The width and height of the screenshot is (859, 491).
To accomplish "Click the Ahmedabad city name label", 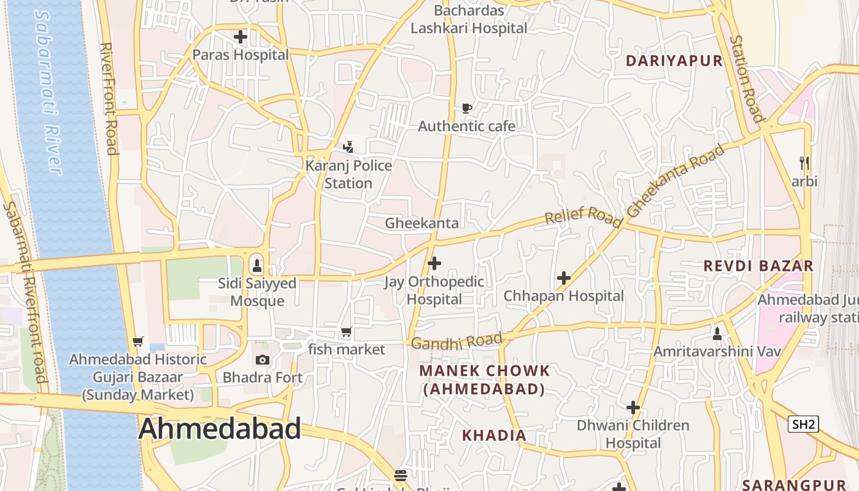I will coord(220,428).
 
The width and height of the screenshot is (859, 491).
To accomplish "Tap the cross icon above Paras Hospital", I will coord(241,37).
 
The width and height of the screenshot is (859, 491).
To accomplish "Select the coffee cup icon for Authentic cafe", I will coord(466,109).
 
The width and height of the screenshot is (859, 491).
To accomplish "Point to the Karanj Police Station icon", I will coord(349,147).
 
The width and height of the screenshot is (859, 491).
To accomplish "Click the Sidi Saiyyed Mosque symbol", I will coord(256,266).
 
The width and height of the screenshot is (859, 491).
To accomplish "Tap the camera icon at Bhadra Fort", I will coord(262,360).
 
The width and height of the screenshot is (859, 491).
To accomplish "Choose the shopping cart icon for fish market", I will coord(347,332).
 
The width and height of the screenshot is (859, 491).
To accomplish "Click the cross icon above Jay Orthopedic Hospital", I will coord(434,264).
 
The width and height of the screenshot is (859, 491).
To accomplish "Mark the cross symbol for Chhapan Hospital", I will coord(563,278).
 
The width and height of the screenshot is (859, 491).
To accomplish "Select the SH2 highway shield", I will coord(803,424).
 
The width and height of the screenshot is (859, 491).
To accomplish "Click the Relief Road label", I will coord(583,216).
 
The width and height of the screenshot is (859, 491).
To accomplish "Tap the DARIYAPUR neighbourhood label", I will coord(674,61).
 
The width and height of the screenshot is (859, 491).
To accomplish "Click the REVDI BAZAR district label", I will coord(758,266).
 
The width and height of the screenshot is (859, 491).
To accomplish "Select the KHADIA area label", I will coord(494,436).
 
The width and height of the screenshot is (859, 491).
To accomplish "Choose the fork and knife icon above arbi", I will coord(804,163).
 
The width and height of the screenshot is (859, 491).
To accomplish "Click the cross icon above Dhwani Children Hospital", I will coord(633,408).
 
